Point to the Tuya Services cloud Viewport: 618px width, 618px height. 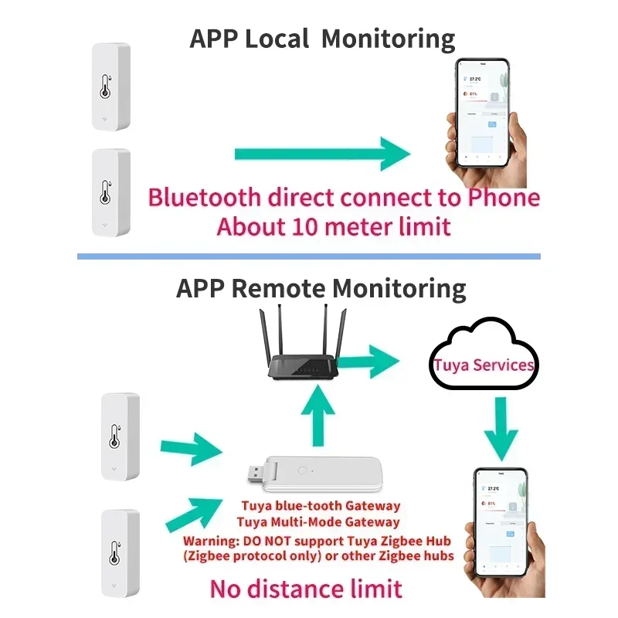483,364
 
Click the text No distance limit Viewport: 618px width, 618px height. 306,589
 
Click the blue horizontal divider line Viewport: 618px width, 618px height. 309,256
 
